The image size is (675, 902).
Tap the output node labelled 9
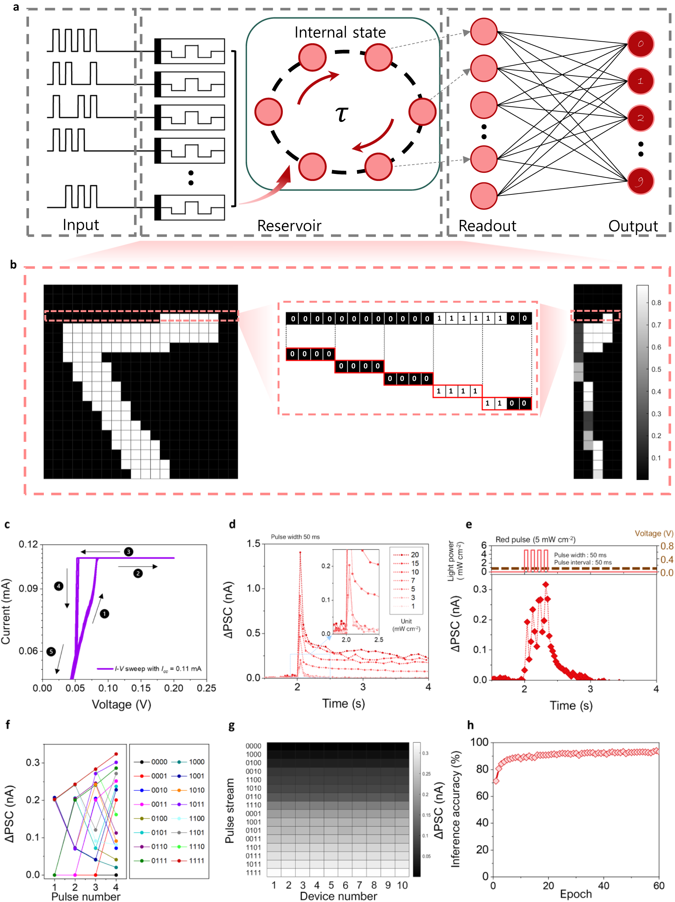(640, 181)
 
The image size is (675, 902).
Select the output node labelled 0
(640, 43)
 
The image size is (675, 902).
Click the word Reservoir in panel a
(289, 225)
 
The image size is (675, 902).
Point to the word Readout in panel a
(487, 225)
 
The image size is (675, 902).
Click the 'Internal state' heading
(340, 32)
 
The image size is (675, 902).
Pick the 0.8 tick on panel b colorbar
(656, 303)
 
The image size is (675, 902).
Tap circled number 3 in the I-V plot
(128, 552)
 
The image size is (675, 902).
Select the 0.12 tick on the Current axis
(28, 544)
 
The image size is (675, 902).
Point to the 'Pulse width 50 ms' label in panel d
(295, 537)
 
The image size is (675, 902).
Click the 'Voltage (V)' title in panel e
(654, 533)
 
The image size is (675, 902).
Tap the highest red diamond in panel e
(546, 584)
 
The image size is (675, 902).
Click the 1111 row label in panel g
(253, 873)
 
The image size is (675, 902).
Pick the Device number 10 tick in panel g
(402, 885)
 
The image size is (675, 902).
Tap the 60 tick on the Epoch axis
(659, 885)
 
